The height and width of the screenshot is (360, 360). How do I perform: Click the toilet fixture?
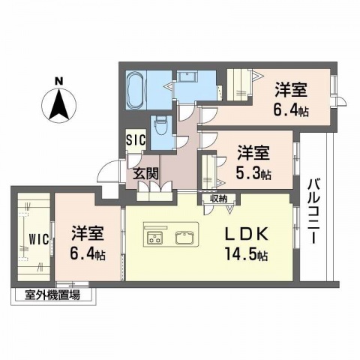point(159,129)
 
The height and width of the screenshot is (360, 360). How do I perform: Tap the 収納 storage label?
point(218,199)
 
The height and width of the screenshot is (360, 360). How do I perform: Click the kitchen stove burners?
point(156,238)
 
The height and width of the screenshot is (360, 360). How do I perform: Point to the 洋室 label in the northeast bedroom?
point(292,91)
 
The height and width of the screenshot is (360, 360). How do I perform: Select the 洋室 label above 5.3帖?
point(253,154)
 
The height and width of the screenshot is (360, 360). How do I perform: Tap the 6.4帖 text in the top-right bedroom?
point(292,111)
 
